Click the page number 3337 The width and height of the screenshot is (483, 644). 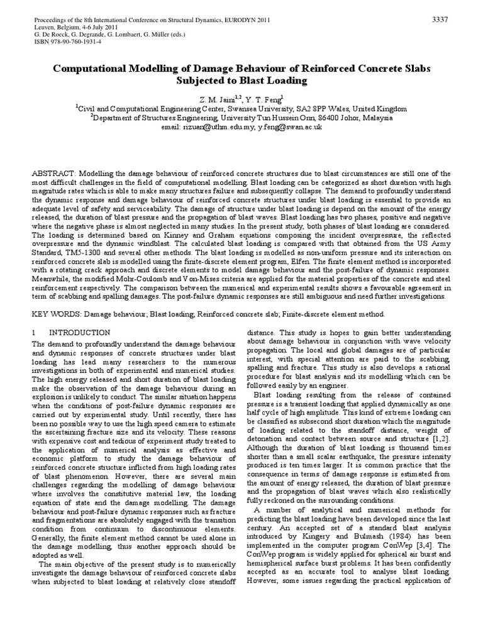pos(439,20)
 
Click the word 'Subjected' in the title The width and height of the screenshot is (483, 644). pos(204,80)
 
